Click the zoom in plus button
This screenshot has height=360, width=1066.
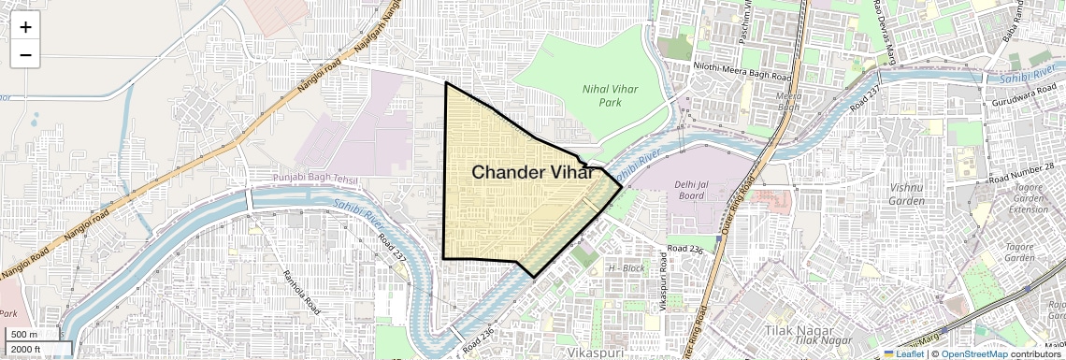pyautogui.click(x=25, y=26)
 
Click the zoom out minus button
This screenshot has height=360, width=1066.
pyautogui.click(x=25, y=54)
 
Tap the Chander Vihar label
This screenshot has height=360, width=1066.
pyautogui.click(x=531, y=172)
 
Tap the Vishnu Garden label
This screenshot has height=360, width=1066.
pyautogui.click(x=905, y=194)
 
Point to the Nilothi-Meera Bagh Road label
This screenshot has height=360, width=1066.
pyautogui.click(x=742, y=66)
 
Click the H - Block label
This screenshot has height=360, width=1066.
pyautogui.click(x=626, y=268)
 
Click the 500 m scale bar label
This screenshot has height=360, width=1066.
pyautogui.click(x=24, y=335)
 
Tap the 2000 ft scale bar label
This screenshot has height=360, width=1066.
pyautogui.click(x=27, y=349)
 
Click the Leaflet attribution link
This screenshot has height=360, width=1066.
pyautogui.click(x=904, y=353)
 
